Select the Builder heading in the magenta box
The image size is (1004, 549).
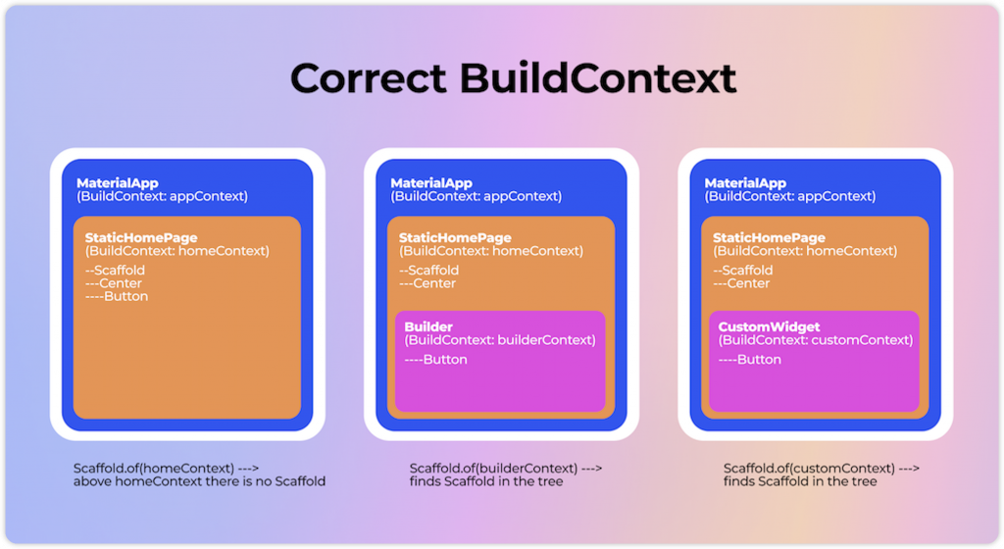428,326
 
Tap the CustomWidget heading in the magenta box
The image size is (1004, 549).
769,326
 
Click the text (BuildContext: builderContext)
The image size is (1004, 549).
499,340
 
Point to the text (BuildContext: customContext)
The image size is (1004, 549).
815,340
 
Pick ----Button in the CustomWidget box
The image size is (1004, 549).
749,360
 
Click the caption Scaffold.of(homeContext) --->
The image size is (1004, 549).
167,468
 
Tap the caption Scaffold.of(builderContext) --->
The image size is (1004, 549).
506,468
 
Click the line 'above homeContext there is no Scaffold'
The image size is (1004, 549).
199,481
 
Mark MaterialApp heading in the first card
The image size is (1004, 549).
117,183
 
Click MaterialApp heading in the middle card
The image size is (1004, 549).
430,183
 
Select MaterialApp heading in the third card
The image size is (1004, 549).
744,183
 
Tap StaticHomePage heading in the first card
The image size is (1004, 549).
139,237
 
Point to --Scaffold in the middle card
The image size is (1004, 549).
428,271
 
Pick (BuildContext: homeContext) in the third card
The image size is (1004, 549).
804,251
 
